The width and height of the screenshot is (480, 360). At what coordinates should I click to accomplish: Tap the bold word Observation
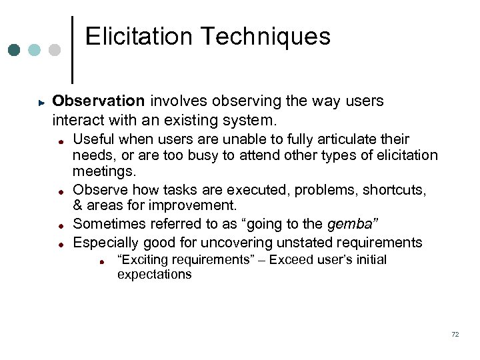[x=99, y=101]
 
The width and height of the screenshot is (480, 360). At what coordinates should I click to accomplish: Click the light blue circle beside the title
[x=35, y=50]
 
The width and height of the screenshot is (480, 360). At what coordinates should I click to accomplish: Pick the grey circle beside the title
[x=55, y=50]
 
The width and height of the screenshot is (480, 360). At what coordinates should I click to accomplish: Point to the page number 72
[x=455, y=335]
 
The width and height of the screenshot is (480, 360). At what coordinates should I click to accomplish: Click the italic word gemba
[x=351, y=225]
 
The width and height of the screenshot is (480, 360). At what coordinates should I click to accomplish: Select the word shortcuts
[x=393, y=190]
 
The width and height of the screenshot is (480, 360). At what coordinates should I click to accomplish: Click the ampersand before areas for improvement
[x=77, y=205]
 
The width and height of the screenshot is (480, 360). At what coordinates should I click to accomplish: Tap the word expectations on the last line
[x=154, y=275]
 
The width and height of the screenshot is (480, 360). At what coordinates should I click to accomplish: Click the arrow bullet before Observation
[x=41, y=103]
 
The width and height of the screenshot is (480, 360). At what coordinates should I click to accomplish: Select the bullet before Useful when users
[x=60, y=141]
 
